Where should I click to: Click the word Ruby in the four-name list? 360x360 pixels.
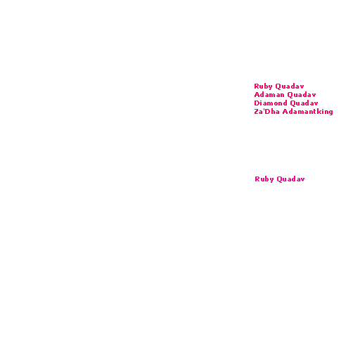click(263, 86)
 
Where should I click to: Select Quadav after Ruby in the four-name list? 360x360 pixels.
click(290, 86)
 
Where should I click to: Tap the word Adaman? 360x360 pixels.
click(269, 95)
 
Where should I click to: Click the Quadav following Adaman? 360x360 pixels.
click(302, 95)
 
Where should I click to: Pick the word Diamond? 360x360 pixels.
click(271, 103)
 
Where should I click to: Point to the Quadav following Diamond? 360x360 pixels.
click(304, 103)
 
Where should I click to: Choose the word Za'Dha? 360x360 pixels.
click(266, 111)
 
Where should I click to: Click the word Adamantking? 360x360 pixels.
click(308, 112)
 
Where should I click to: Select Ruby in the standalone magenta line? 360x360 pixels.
click(264, 179)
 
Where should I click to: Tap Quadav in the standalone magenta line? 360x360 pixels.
click(290, 179)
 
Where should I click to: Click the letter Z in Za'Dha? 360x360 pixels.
click(257, 112)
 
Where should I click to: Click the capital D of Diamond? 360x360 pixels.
click(257, 103)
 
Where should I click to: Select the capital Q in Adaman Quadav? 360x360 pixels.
click(290, 95)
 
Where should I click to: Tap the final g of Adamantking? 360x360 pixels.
click(330, 112)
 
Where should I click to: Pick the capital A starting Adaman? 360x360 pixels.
click(257, 95)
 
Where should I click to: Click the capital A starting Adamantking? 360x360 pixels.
click(285, 112)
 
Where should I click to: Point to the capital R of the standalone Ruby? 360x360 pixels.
click(257, 179)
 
